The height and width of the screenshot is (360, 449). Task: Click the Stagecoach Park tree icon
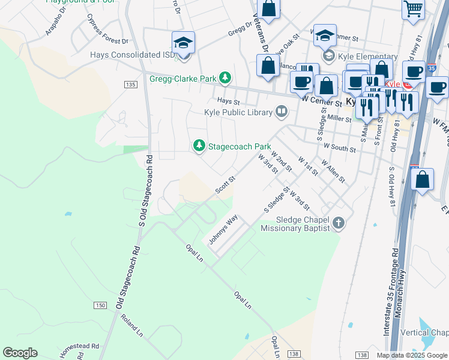tap(199, 146)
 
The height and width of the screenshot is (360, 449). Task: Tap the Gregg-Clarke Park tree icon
tap(225, 77)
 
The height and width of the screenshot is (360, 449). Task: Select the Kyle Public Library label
tap(238, 112)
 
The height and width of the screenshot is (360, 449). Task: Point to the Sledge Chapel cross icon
tap(339, 224)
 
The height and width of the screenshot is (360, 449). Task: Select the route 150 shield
tap(100, 306)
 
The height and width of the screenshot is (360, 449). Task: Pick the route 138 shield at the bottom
tap(362, 355)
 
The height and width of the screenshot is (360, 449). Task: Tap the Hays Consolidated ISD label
tap(132, 55)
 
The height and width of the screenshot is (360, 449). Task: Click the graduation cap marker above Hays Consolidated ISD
tap(183, 43)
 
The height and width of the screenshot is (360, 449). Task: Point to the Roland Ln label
tap(132, 325)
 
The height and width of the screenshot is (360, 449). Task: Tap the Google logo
tap(20, 353)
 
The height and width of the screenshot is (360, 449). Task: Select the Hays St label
tap(228, 103)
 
